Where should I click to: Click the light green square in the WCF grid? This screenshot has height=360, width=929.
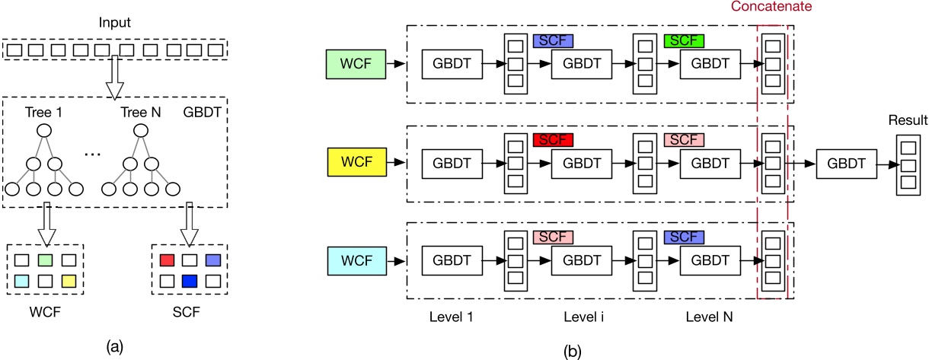46,260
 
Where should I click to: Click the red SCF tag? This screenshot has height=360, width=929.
553,140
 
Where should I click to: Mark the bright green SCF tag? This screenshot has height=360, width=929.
683,40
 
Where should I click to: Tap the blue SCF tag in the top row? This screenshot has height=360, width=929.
553,40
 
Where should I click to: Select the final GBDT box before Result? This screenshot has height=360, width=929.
844,162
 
